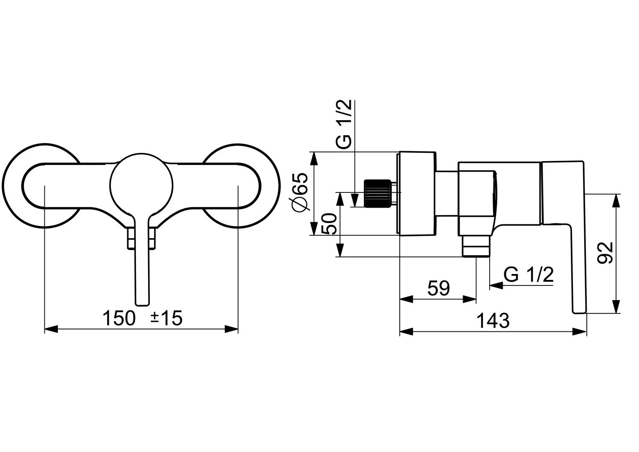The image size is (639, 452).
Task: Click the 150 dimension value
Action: coord(119,318)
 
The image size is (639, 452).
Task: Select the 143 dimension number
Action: coord(493,321)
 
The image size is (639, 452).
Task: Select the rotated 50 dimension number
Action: coord(329,223)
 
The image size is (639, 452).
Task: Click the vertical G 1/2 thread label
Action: coord(343,124)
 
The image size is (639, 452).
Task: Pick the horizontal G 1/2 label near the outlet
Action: coord(528,275)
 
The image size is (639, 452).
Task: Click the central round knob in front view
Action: coord(141,185)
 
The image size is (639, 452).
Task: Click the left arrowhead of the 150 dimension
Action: coord(51,329)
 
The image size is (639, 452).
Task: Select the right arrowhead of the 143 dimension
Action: coord(580,332)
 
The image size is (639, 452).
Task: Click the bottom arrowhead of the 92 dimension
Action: coord(617,306)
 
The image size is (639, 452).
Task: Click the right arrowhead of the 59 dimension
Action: coord(469,299)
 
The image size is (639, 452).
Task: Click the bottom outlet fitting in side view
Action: coord(476,246)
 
